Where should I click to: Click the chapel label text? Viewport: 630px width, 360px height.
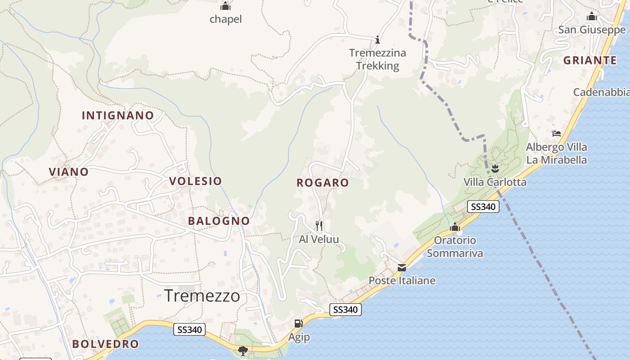(225, 19)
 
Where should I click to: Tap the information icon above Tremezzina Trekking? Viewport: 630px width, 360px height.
(378, 39)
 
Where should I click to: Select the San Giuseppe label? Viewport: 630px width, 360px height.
(592, 30)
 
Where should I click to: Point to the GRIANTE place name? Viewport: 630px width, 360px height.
(590, 60)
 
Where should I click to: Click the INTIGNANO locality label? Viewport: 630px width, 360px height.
(118, 116)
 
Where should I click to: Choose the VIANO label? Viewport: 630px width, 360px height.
(69, 171)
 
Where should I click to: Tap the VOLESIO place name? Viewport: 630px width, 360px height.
(195, 181)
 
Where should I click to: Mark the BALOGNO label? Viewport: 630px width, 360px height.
(219, 221)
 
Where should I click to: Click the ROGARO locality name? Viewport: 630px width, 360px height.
(323, 183)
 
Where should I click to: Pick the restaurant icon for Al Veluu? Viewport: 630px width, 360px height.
(319, 225)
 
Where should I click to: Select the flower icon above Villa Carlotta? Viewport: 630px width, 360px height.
(495, 169)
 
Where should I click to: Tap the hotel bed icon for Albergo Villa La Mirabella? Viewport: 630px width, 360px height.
(557, 134)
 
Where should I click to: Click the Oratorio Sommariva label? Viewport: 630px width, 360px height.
(454, 247)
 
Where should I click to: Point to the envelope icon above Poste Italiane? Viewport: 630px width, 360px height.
(402, 268)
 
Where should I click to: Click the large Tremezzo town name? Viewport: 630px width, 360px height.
(202, 296)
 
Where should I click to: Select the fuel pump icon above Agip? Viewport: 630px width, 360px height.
(298, 323)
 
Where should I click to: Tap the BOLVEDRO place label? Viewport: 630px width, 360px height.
(105, 344)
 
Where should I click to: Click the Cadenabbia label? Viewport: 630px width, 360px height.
(601, 92)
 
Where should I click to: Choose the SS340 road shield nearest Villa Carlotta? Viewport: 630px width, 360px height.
(483, 207)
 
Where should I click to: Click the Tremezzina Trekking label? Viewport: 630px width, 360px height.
(378, 59)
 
